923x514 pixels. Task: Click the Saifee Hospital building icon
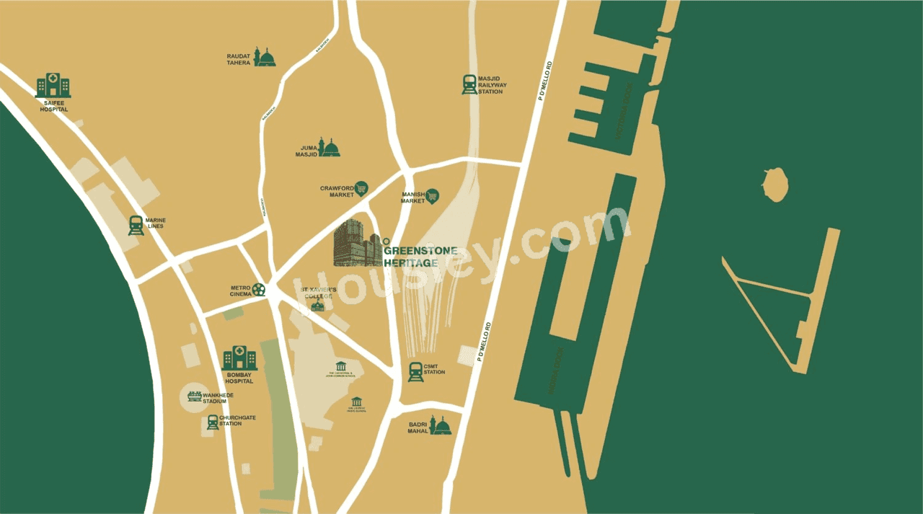[x=53, y=85]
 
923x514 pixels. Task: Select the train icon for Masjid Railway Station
[x=469, y=84]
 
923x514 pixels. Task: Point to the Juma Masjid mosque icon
[x=330, y=147]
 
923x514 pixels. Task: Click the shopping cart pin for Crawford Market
[x=361, y=189]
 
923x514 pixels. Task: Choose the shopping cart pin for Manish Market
[x=432, y=195]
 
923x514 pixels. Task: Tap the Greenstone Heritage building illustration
[x=356, y=243]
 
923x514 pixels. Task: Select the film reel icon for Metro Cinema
[x=259, y=290]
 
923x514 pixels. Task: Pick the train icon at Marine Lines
[x=136, y=226]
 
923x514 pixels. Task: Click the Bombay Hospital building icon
[x=239, y=358]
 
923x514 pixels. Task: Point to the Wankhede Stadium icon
[x=195, y=396]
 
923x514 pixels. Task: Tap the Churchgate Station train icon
[x=212, y=422]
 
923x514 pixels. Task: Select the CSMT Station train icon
[x=415, y=372]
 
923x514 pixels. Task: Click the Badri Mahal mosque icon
[x=440, y=426]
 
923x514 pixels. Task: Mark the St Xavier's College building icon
[x=317, y=306]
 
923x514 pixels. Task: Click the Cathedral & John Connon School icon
[x=341, y=366]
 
